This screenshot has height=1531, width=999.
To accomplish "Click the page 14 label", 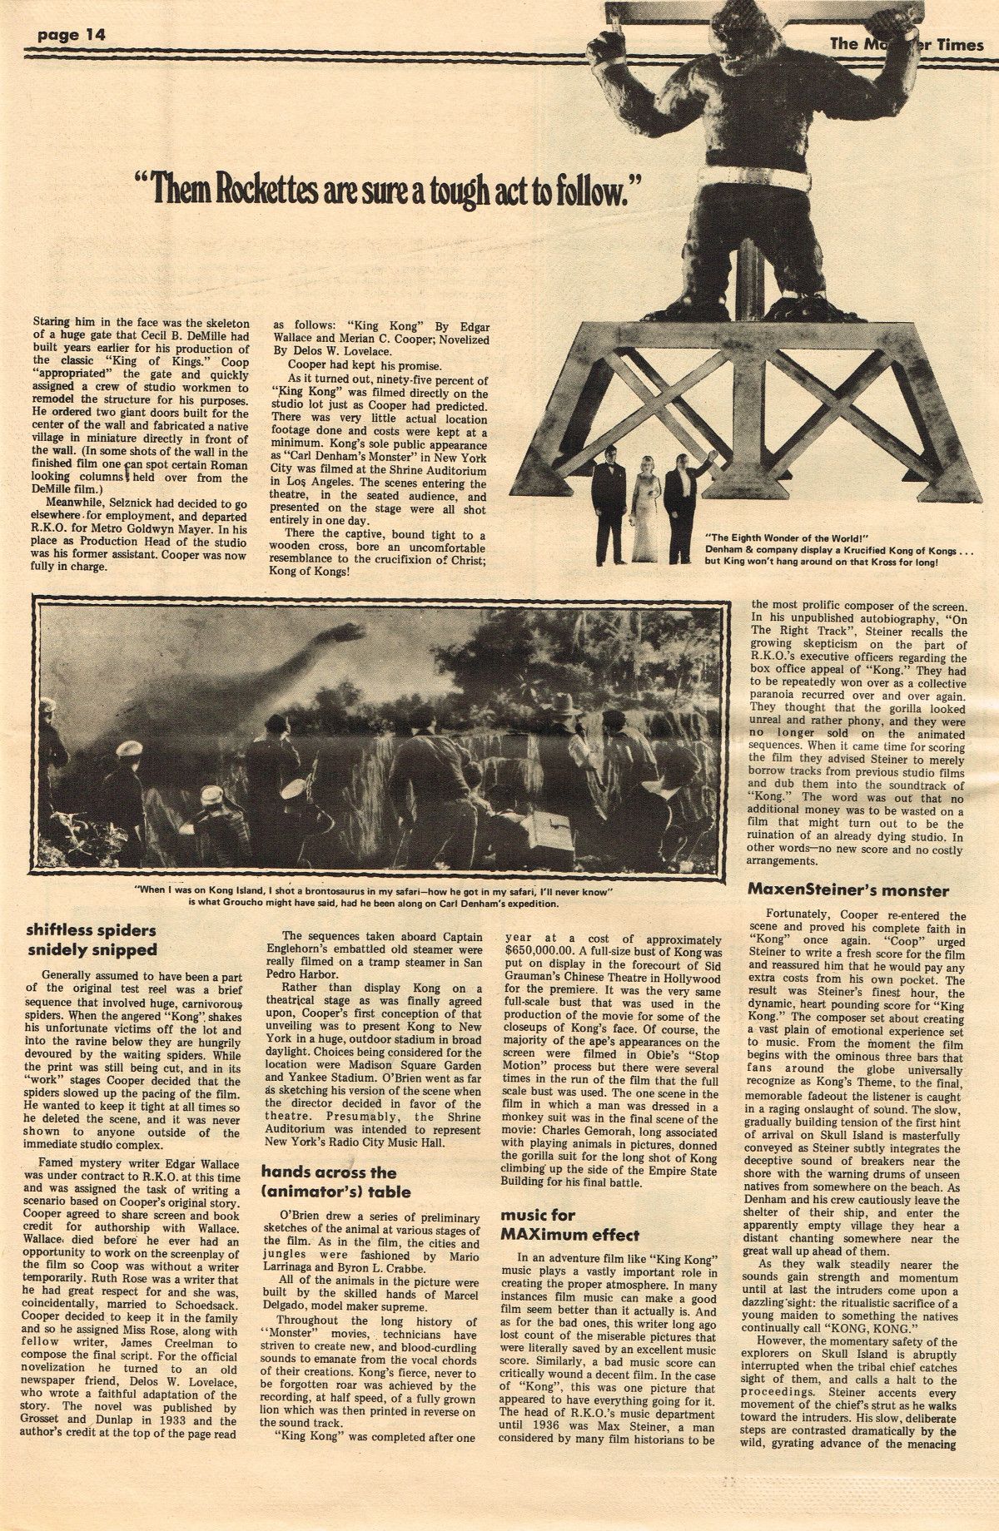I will tap(69, 34).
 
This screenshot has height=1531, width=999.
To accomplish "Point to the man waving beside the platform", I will tap(681, 497).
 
